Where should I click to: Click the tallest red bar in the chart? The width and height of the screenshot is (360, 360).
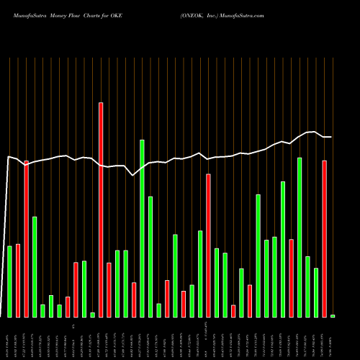pyautogui.click(x=101, y=209)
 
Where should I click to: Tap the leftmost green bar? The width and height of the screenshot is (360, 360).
pyautogui.click(x=9, y=281)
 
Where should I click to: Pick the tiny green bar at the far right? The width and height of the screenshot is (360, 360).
pyautogui.click(x=333, y=315)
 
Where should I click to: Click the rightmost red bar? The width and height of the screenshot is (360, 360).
pyautogui.click(x=325, y=238)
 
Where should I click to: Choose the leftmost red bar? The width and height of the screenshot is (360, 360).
pyautogui.click(x=18, y=280)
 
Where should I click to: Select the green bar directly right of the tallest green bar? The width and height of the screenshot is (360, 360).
pyautogui.click(x=150, y=256)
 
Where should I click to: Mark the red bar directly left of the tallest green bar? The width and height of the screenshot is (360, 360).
pyautogui.click(x=134, y=300)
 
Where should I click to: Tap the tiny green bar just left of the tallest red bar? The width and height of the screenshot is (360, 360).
pyautogui.click(x=92, y=315)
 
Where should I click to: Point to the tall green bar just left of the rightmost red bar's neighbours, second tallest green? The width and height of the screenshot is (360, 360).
pyautogui.click(x=300, y=237)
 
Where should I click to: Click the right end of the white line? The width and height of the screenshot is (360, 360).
pyautogui.click(x=330, y=137)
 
